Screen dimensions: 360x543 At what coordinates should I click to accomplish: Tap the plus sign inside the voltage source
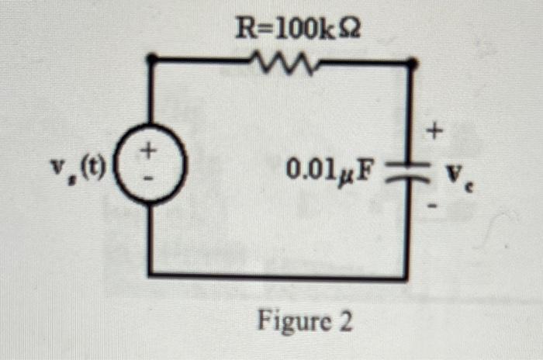(x=150, y=148)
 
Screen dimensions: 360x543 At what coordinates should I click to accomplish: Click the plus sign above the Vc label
(x=435, y=134)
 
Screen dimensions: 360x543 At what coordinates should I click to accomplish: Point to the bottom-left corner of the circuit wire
(x=150, y=274)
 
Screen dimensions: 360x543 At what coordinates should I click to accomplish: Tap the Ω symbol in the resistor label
(x=348, y=29)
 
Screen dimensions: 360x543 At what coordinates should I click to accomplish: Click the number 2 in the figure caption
(x=344, y=321)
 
